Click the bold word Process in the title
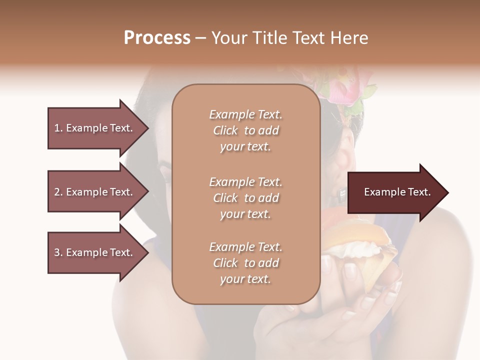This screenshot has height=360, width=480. [157, 37]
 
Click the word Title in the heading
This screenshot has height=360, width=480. [269, 37]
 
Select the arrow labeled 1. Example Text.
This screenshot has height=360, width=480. [95, 128]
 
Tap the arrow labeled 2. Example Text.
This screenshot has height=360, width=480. [95, 192]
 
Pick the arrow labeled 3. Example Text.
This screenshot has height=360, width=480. [95, 252]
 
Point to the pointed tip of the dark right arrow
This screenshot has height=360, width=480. [447, 192]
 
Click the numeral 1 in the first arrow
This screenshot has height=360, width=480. [57, 128]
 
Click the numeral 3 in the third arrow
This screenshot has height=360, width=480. [57, 252]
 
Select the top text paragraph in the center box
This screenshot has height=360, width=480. [245, 130]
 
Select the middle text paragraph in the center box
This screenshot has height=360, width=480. [245, 198]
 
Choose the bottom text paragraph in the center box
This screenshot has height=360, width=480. [245, 263]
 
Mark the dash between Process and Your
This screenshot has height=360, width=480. [201, 38]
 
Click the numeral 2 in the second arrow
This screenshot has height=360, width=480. [57, 192]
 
